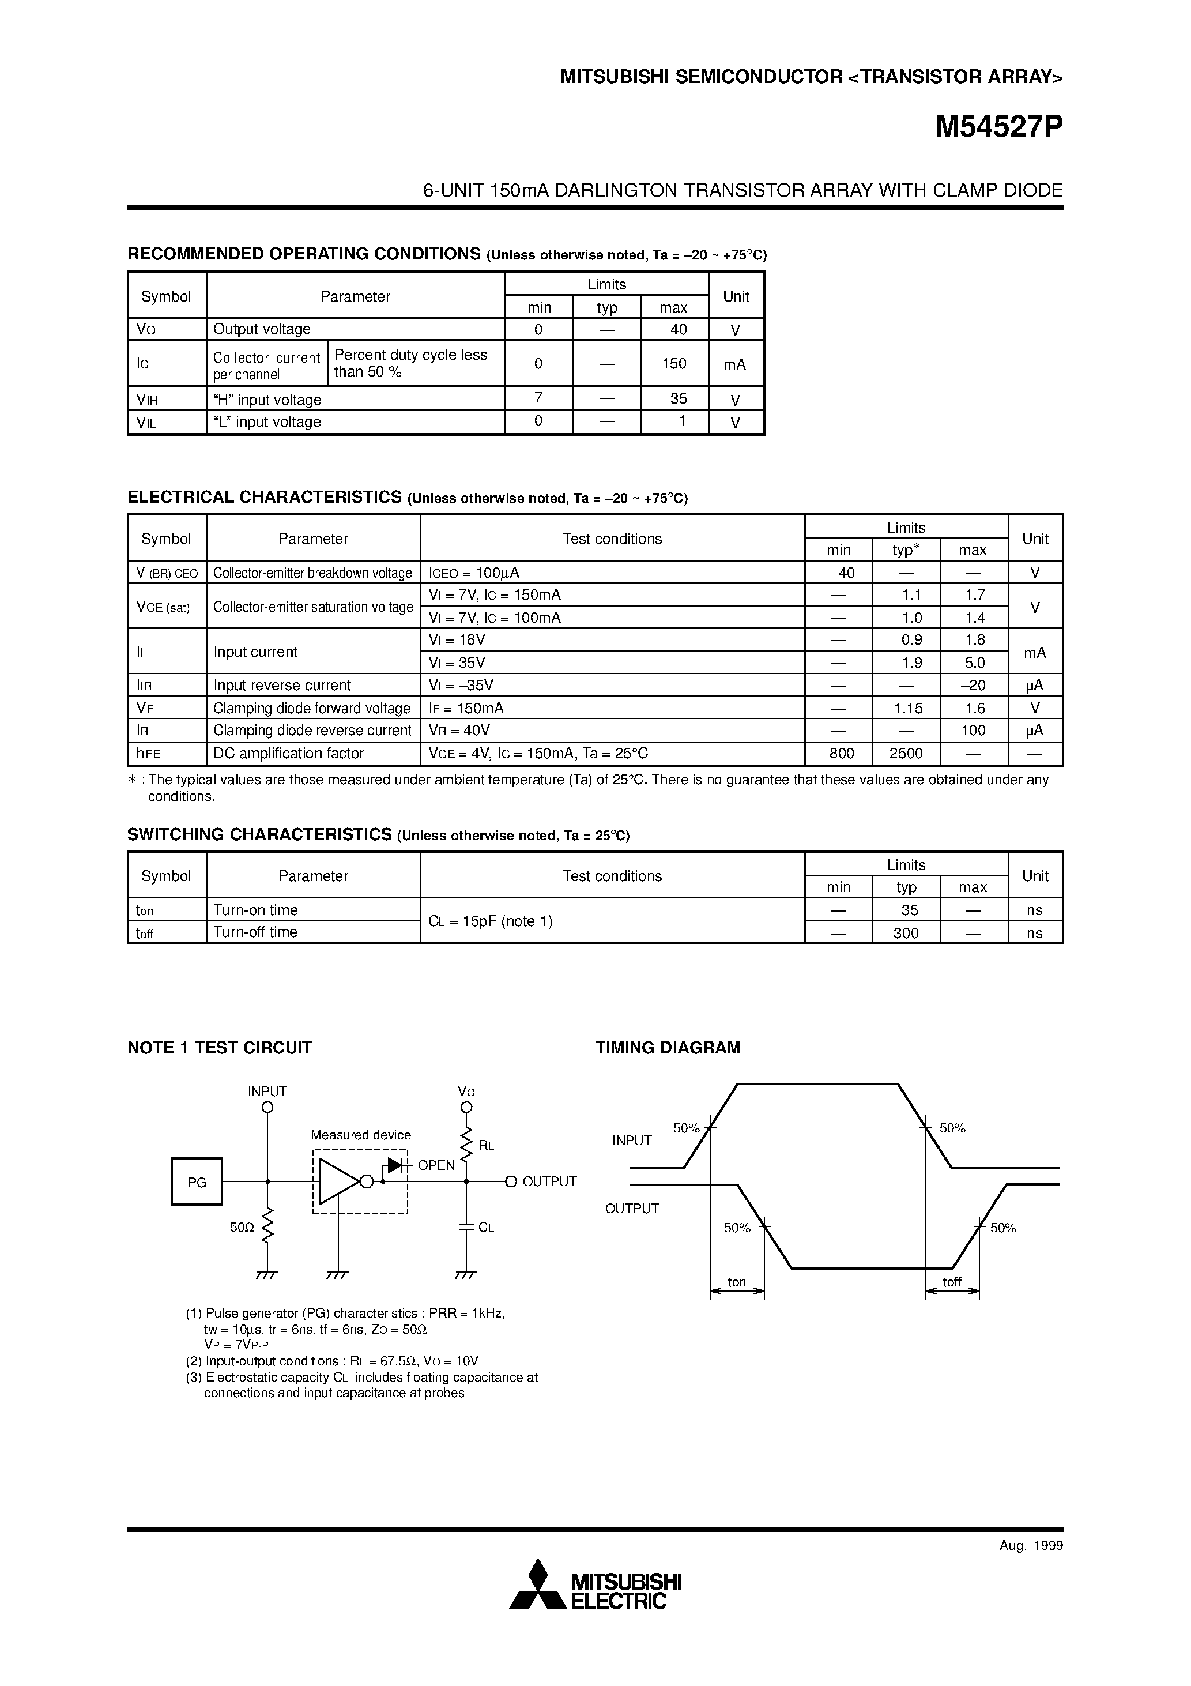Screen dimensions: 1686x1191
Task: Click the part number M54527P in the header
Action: pos(998,129)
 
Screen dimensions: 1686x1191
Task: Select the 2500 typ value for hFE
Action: pos(906,754)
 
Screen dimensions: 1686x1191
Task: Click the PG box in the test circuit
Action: pos(197,1181)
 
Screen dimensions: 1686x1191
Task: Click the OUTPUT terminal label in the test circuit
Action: pos(549,1181)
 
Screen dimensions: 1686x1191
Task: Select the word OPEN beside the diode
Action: pos(436,1165)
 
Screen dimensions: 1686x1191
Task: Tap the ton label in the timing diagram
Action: pos(737,1282)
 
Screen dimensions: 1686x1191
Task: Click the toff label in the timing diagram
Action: pos(952,1282)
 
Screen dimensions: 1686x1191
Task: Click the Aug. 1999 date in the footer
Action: pos(1031,1546)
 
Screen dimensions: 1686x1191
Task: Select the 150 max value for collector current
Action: pos(674,363)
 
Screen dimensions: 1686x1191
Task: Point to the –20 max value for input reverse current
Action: pos(973,685)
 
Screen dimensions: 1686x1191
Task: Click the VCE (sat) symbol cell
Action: pos(163,607)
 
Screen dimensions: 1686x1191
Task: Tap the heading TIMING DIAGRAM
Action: pos(668,1048)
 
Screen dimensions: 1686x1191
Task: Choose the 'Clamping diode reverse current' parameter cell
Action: pos(312,731)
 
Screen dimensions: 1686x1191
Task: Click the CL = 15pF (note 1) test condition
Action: pos(491,921)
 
